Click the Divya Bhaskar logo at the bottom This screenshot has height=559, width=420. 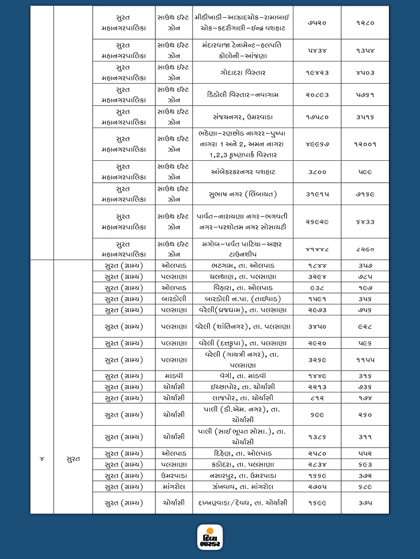click(209, 537)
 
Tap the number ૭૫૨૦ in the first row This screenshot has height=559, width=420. click(316, 22)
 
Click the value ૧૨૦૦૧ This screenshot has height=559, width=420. click(365, 144)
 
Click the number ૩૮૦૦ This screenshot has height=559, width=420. click(316, 171)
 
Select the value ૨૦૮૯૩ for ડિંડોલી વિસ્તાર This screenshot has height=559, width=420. click(316, 95)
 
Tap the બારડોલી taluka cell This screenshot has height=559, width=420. click(173, 299)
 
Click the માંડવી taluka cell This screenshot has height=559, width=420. click(173, 376)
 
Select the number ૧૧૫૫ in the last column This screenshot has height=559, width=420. click(365, 360)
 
